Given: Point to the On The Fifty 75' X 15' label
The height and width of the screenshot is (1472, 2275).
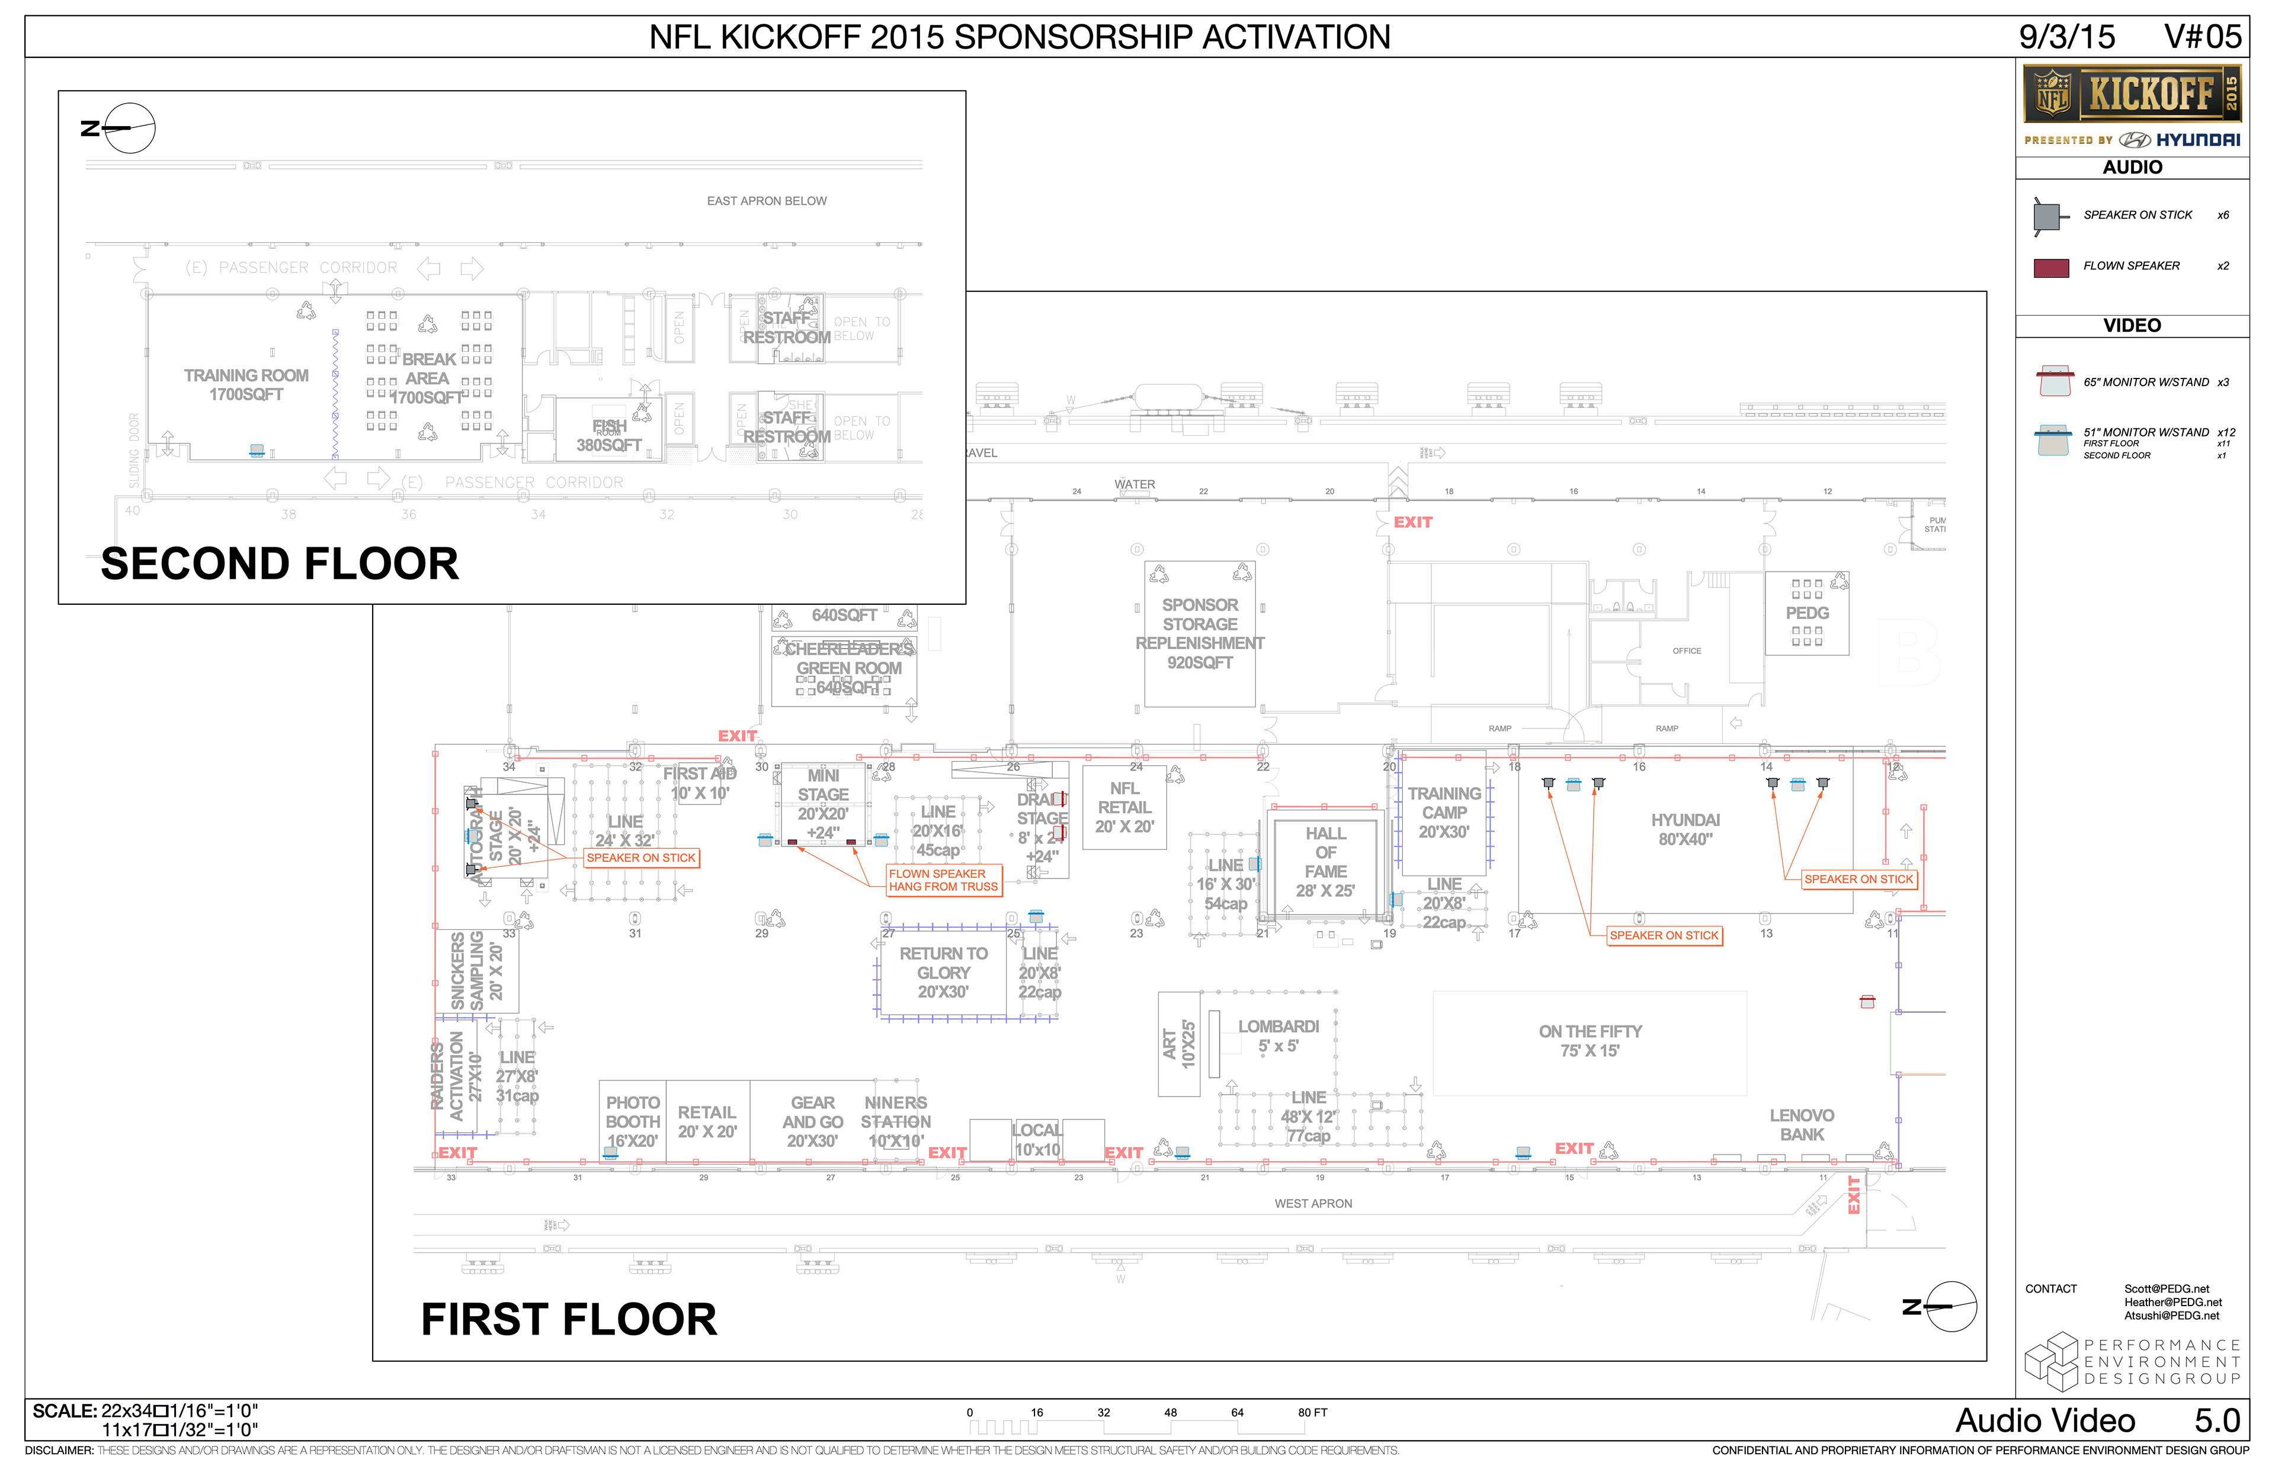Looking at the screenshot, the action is pos(1590,1041).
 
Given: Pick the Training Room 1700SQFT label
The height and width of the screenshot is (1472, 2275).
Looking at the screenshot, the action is pos(246,385).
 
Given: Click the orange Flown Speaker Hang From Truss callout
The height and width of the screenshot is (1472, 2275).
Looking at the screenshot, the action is pos(943,880).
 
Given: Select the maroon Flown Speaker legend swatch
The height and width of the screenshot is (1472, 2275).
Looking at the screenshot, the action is pos(2050,268).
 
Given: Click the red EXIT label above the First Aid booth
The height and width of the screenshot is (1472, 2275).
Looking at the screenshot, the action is pos(737,736).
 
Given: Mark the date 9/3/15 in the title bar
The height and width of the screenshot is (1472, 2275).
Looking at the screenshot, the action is pos(2066,37).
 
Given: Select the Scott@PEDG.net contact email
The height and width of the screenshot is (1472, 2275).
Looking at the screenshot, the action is pos(2166,1288).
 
